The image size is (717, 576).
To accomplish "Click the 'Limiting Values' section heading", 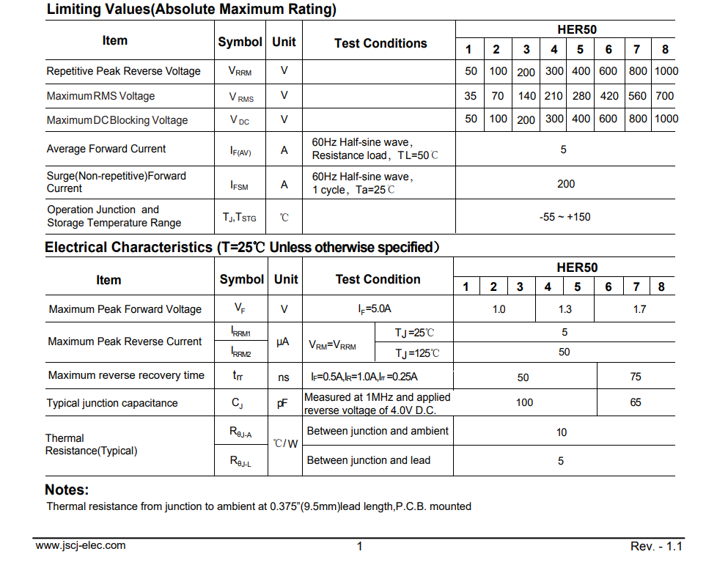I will (191, 10).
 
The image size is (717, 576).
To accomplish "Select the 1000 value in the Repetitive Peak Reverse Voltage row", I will (666, 71).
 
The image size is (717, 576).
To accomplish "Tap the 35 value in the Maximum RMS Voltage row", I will (470, 96).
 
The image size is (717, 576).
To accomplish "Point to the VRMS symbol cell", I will (241, 97).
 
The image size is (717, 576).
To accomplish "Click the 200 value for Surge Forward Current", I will (566, 184).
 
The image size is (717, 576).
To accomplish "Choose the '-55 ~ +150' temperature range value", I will (565, 217).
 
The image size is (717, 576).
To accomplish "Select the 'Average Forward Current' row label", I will (106, 149).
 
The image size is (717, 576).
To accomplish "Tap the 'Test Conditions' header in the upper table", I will (380, 43).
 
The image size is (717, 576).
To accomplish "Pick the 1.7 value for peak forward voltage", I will (639, 309).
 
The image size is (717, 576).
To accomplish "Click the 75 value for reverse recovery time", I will (635, 377).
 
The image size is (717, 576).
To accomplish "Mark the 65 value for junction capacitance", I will (635, 402).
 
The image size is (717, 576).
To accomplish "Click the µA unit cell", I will (284, 342).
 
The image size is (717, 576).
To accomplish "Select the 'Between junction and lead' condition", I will (369, 460).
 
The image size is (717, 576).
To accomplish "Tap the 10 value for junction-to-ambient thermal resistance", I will (562, 432).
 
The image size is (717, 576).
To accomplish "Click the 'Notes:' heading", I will (67, 490).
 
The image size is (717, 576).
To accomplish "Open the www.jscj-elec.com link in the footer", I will (81, 545).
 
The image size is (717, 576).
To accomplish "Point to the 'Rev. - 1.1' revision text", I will (656, 547).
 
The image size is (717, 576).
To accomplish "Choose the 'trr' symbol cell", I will (238, 375).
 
